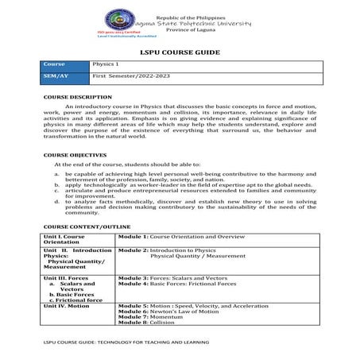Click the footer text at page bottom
point(126,343)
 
